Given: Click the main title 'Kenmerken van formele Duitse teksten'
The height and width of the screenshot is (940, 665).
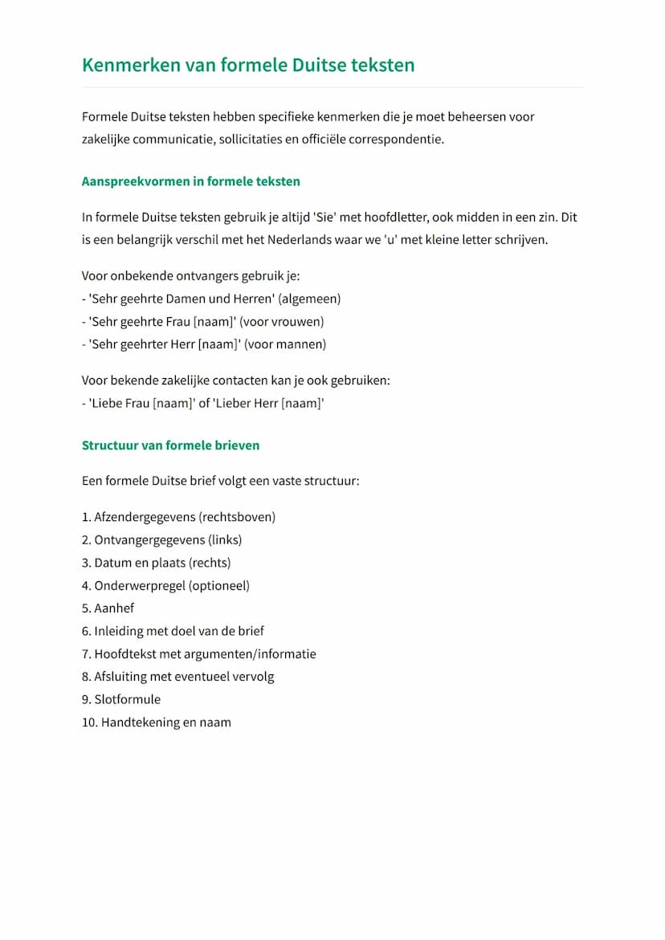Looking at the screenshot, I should [248, 65].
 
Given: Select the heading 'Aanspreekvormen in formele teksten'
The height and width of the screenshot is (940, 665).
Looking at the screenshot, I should [190, 181].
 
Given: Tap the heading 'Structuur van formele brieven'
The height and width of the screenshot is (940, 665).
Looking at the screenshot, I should [170, 445].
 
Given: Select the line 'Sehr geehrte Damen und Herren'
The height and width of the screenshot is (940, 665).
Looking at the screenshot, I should [182, 299].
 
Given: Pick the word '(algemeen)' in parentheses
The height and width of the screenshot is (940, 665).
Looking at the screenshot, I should [309, 299].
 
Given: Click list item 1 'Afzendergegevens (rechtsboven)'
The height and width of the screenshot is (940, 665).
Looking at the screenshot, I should [178, 517].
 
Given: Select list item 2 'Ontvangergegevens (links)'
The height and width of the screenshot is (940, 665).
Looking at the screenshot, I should [161, 539].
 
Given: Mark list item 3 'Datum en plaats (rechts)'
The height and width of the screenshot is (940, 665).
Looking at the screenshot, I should [156, 563].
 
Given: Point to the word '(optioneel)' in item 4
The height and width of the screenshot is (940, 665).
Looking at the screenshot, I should [219, 585].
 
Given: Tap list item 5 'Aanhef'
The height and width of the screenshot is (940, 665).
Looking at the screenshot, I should [108, 608].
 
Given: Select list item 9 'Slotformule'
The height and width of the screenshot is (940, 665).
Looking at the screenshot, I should [121, 699].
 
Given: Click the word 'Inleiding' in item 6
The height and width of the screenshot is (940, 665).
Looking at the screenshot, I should [119, 631].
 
